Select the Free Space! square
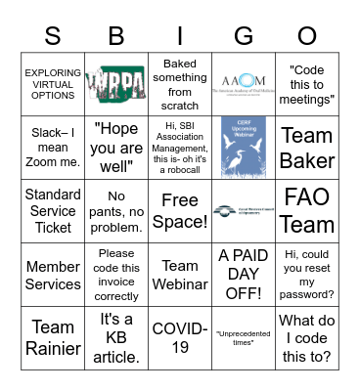coord(180,211)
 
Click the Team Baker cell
coord(307,147)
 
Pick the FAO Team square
coord(307,211)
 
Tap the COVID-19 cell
coord(180,339)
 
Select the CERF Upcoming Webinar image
coord(244,147)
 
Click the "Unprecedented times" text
coord(244,339)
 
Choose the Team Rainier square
coord(53,339)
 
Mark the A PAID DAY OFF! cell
coord(244,275)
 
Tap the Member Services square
coord(53,275)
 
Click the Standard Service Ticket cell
coord(53,211)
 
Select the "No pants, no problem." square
coord(116,211)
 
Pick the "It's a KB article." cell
coord(116,339)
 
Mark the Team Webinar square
coord(180,275)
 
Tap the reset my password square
coord(307,275)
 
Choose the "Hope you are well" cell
coord(116,147)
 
